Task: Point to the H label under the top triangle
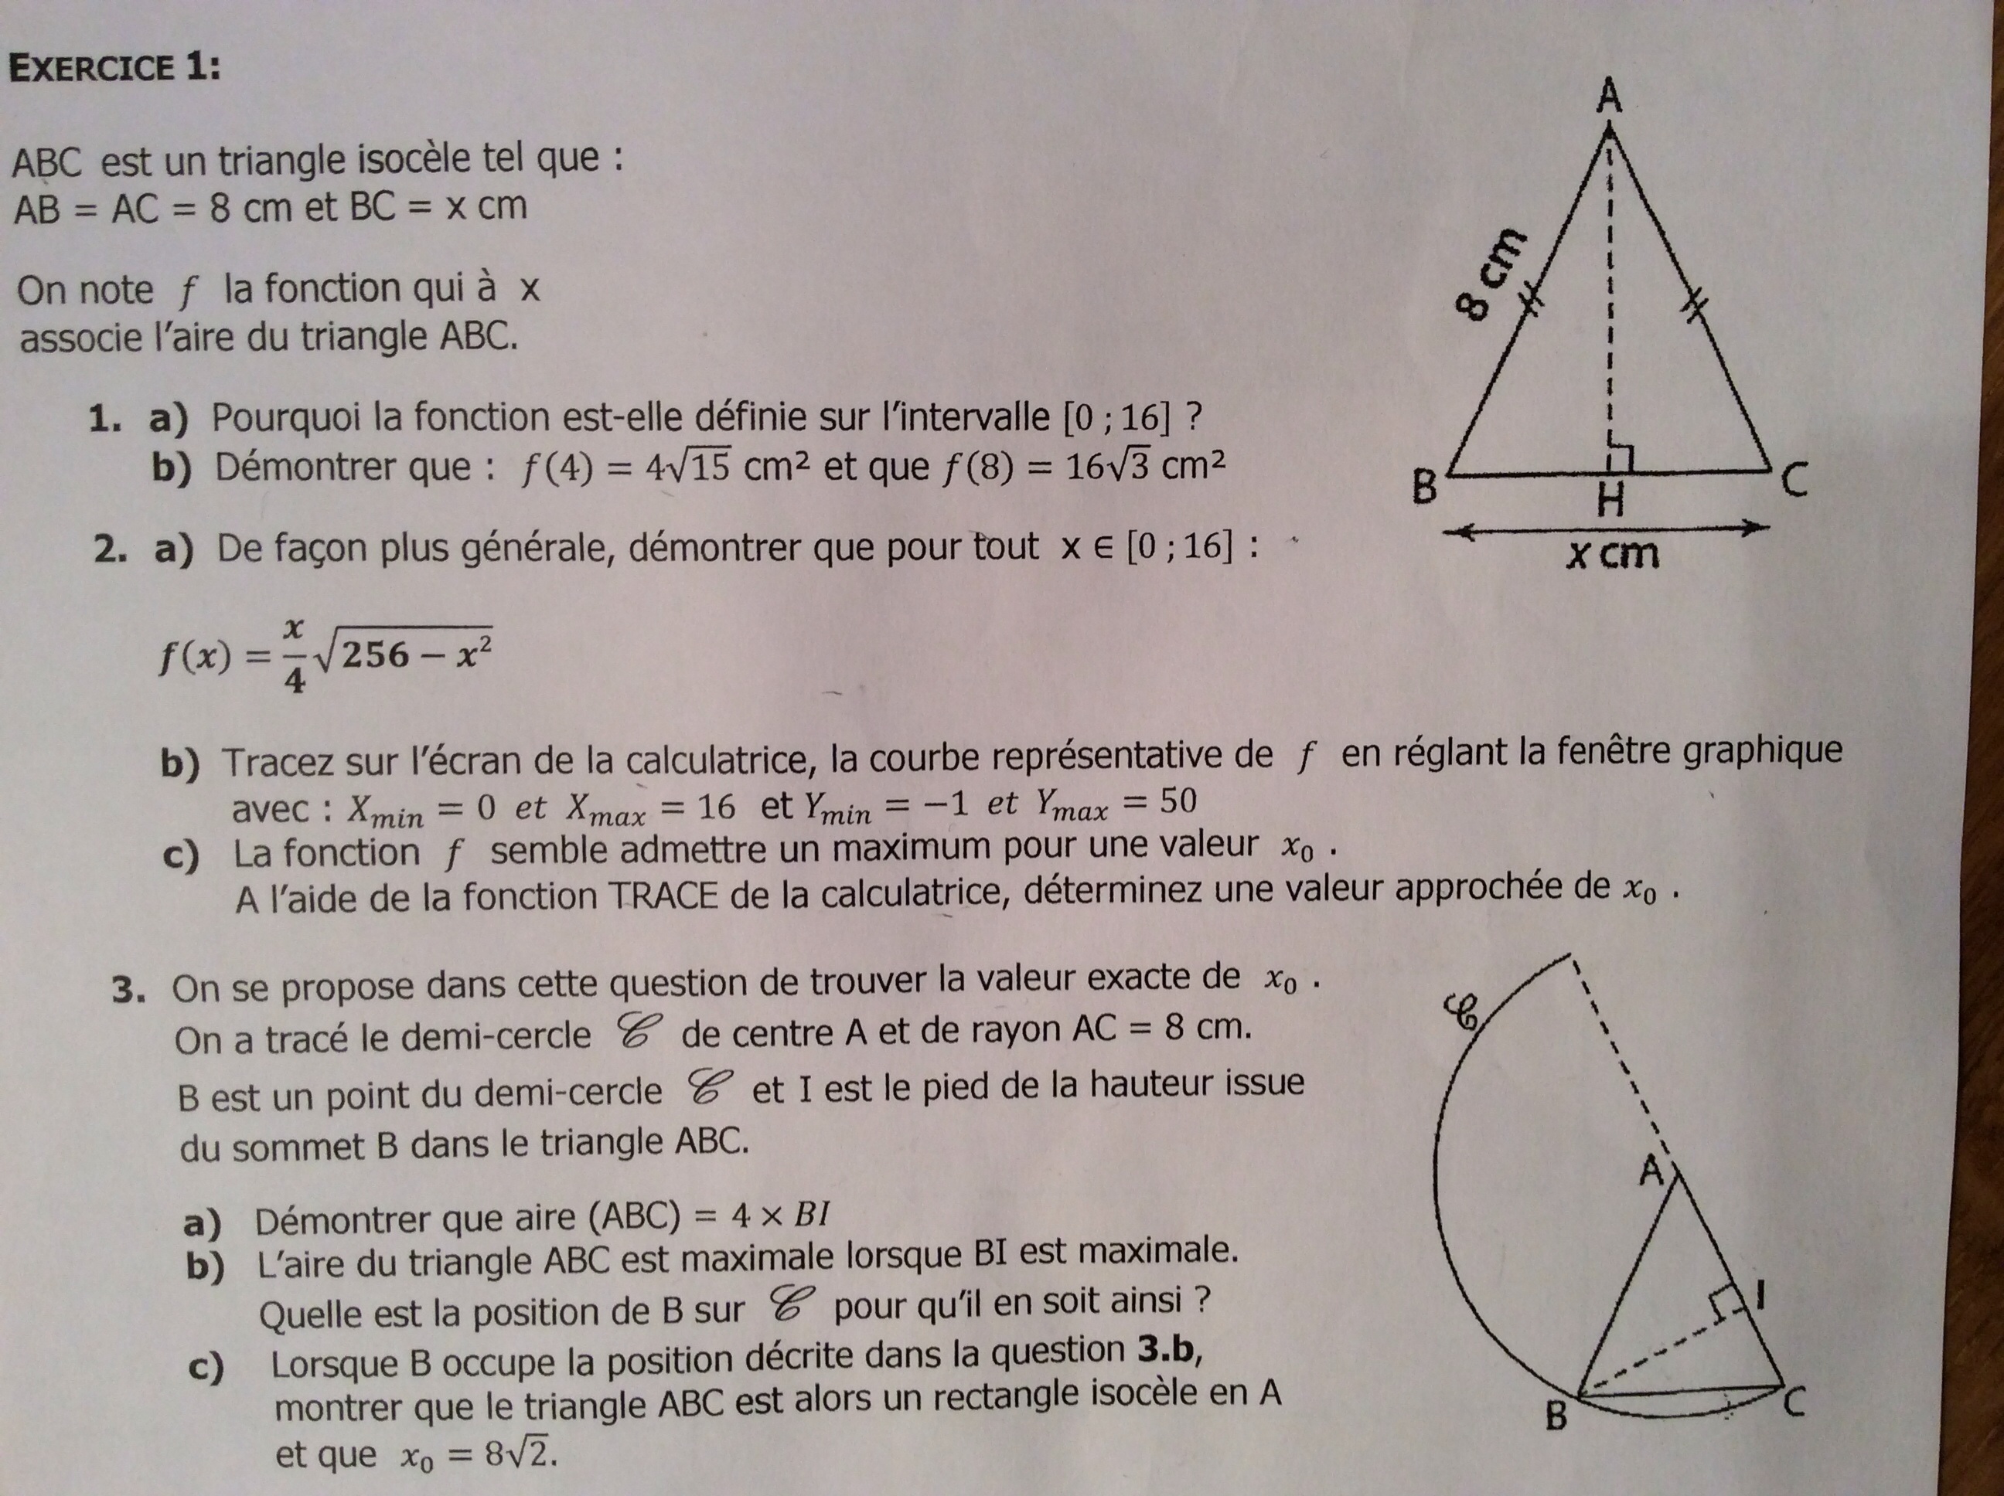(x=1610, y=500)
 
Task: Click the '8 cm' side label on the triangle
(x=1491, y=275)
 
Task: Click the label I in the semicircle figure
(x=1760, y=1297)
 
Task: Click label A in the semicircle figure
(x=1651, y=1173)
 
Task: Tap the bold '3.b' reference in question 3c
(x=1167, y=1351)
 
